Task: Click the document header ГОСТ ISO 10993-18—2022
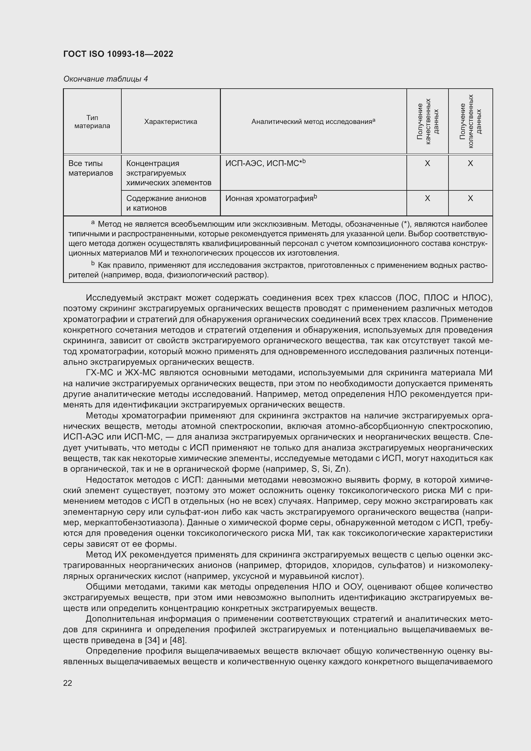click(118, 54)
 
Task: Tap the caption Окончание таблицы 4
click(105, 79)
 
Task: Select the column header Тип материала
click(92, 122)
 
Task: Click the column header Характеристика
click(171, 122)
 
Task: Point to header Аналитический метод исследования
click(313, 122)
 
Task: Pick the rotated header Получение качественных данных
click(427, 121)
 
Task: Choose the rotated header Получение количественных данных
click(470, 121)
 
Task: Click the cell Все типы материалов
click(91, 168)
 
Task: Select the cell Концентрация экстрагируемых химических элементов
click(169, 173)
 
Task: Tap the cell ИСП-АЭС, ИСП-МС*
click(265, 163)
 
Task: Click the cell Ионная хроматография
click(271, 198)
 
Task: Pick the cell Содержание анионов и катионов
click(166, 203)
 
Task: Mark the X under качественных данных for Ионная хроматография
click(427, 198)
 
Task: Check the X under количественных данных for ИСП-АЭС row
click(470, 163)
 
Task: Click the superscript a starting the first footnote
click(93, 223)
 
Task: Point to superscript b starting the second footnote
click(93, 263)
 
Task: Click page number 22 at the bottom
click(68, 683)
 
